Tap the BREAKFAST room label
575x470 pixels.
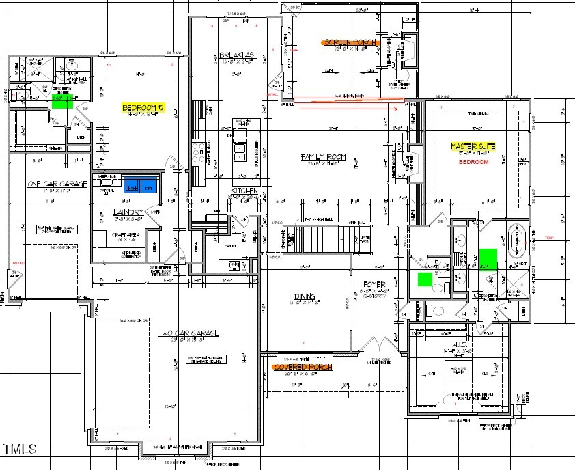(238, 55)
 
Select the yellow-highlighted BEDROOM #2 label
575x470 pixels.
(143, 107)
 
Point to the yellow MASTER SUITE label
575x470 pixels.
(474, 146)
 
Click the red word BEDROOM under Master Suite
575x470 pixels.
(473, 162)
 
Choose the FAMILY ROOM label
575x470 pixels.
(323, 157)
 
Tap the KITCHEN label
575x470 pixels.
(244, 191)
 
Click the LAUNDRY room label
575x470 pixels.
(128, 212)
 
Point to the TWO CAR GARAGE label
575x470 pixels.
(188, 333)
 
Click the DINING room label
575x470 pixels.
(303, 296)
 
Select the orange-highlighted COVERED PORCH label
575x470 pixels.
(302, 367)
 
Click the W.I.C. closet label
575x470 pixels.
(458, 346)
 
